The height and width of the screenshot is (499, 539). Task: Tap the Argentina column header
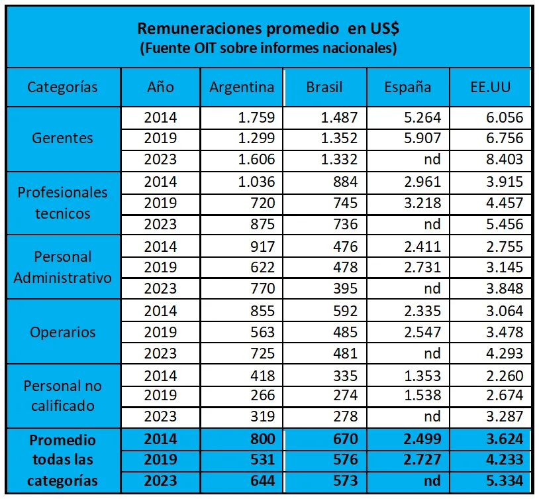(242, 87)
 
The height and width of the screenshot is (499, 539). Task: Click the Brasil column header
(324, 87)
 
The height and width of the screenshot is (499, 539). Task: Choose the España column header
(408, 87)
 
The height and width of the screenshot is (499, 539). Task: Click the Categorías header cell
(62, 87)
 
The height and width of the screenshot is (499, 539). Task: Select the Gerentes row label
(62, 139)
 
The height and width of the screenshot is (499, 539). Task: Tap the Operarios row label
(62, 332)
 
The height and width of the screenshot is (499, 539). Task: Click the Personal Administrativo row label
(62, 267)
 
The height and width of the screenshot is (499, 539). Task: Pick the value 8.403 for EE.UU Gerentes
(503, 160)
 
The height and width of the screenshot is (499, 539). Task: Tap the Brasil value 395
(344, 288)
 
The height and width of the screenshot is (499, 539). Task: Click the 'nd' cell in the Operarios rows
(432, 353)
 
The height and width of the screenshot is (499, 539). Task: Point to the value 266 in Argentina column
(261, 396)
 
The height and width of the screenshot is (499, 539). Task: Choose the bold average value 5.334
(503, 480)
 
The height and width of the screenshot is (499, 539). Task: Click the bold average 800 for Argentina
(261, 439)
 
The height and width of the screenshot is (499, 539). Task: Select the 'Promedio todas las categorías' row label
(62, 460)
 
